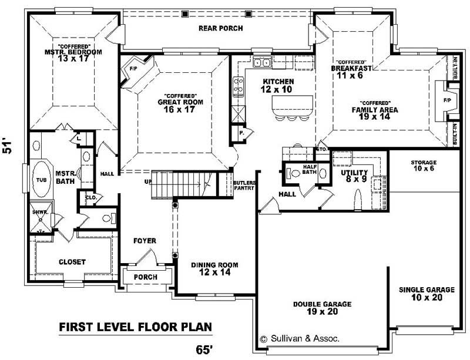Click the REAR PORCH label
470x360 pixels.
pyautogui.click(x=220, y=28)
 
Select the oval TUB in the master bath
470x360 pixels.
pyautogui.click(x=42, y=180)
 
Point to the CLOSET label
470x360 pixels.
pyautogui.click(x=72, y=262)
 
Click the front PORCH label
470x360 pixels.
pyautogui.click(x=146, y=277)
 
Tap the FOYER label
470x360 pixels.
pyautogui.click(x=144, y=241)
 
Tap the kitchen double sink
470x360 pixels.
pyautogui.click(x=262, y=62)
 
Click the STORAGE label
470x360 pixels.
pyautogui.click(x=424, y=162)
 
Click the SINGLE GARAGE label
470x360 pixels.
pyautogui.click(x=427, y=290)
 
